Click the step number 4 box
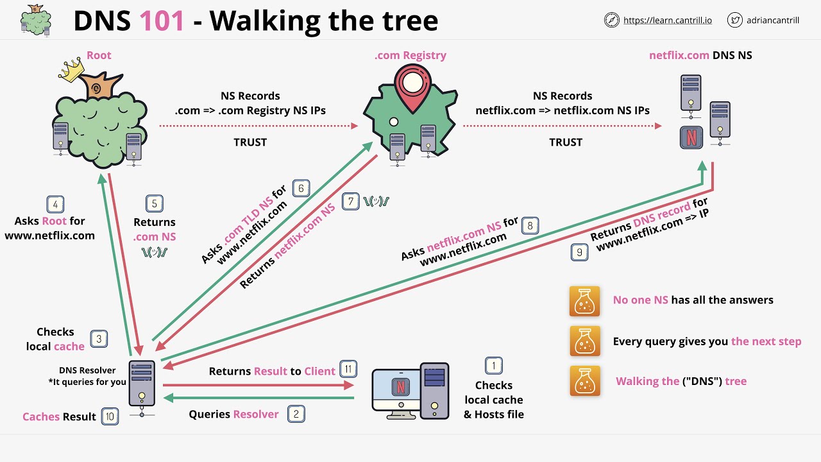(x=55, y=205)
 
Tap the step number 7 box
(x=351, y=201)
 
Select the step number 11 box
(x=348, y=369)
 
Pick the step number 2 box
(x=296, y=414)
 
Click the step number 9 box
(x=579, y=252)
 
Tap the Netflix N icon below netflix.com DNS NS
(x=691, y=138)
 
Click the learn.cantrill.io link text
(x=668, y=20)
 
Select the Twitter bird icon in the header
(x=735, y=20)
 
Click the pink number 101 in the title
(x=162, y=21)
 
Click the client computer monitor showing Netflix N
(x=398, y=388)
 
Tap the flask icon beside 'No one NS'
(x=584, y=301)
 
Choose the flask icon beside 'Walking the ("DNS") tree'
(x=584, y=381)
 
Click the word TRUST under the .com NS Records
(x=250, y=142)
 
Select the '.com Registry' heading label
(x=410, y=55)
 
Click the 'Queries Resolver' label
(x=233, y=415)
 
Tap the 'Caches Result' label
(x=59, y=417)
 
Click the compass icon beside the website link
(x=611, y=20)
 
